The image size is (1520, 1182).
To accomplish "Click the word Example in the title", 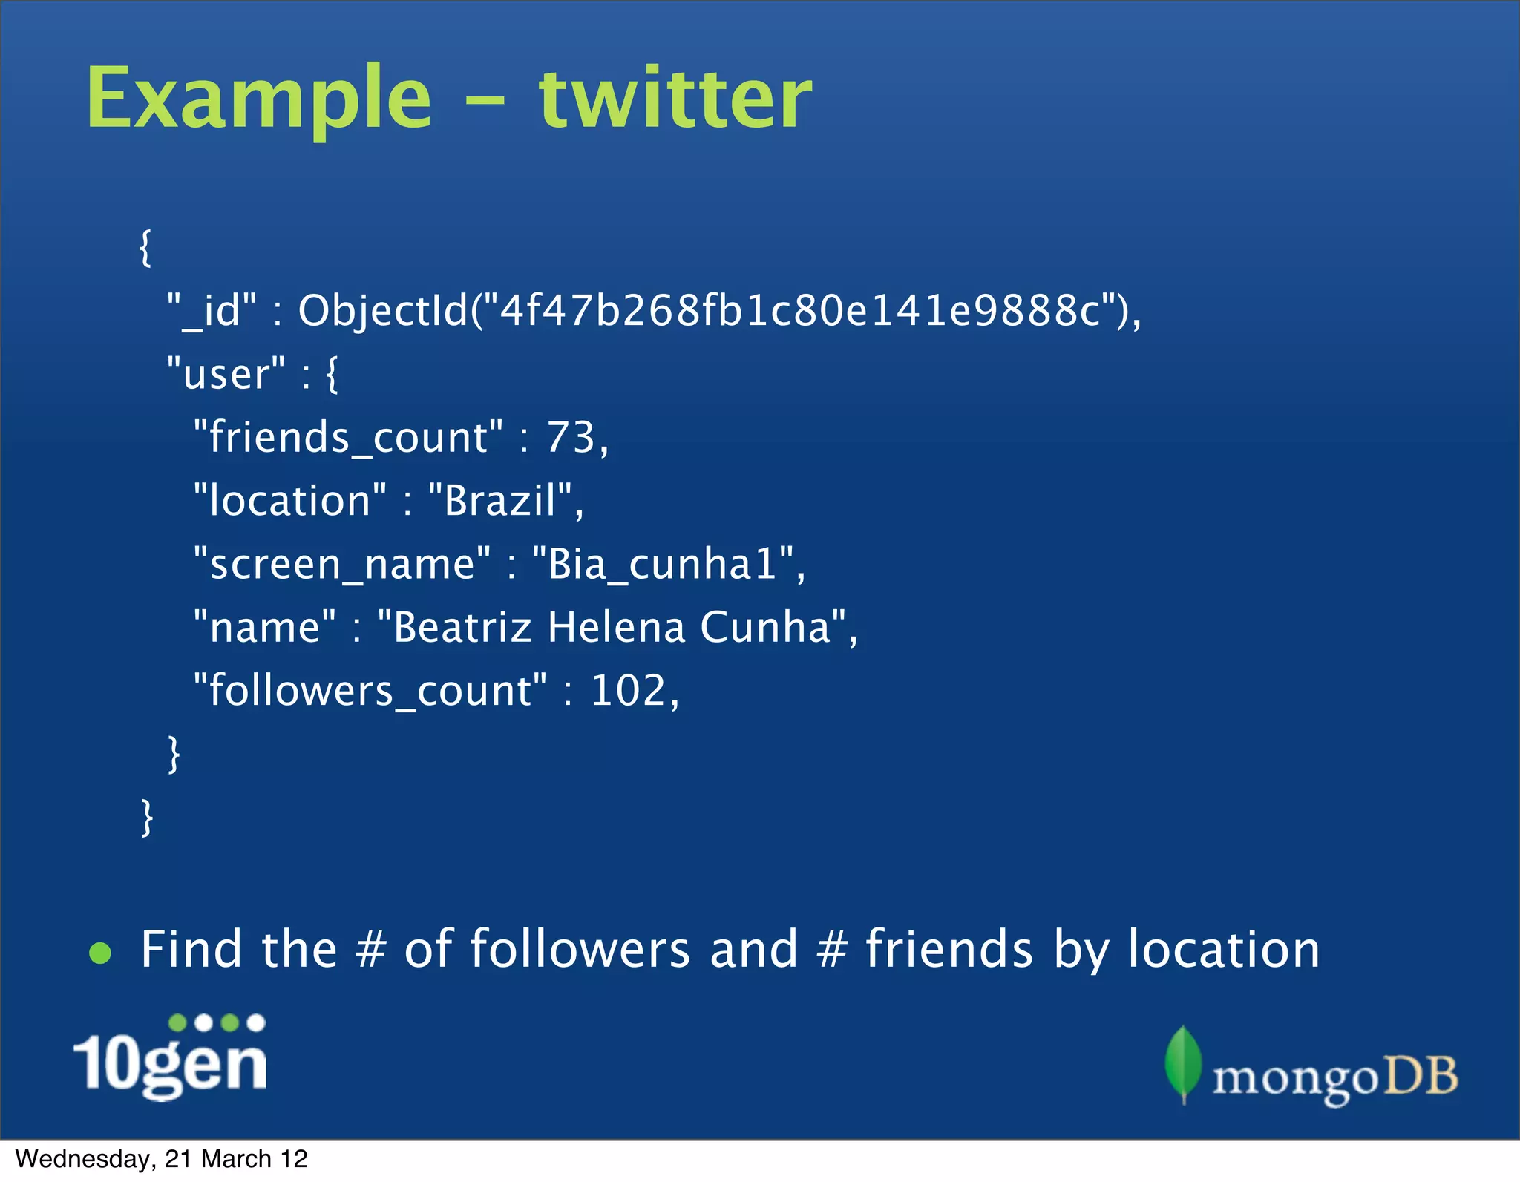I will point(258,98).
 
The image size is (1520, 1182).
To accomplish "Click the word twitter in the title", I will point(675,98).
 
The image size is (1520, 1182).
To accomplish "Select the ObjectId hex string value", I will point(799,310).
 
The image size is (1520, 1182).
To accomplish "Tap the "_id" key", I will point(212,310).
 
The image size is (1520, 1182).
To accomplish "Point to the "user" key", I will point(226,373).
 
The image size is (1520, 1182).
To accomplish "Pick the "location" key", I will point(289,500).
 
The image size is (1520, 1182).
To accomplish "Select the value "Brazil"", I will point(501,500).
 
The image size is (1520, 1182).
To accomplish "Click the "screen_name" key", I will point(341,564).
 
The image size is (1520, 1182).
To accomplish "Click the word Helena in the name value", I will point(616,627).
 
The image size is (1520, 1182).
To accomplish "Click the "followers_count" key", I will point(370,691).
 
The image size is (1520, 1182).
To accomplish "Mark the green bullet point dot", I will point(100,953).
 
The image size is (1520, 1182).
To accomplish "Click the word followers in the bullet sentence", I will point(580,949).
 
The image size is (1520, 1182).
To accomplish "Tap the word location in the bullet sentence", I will point(1224,949).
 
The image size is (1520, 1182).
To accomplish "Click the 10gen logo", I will point(171,1057).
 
